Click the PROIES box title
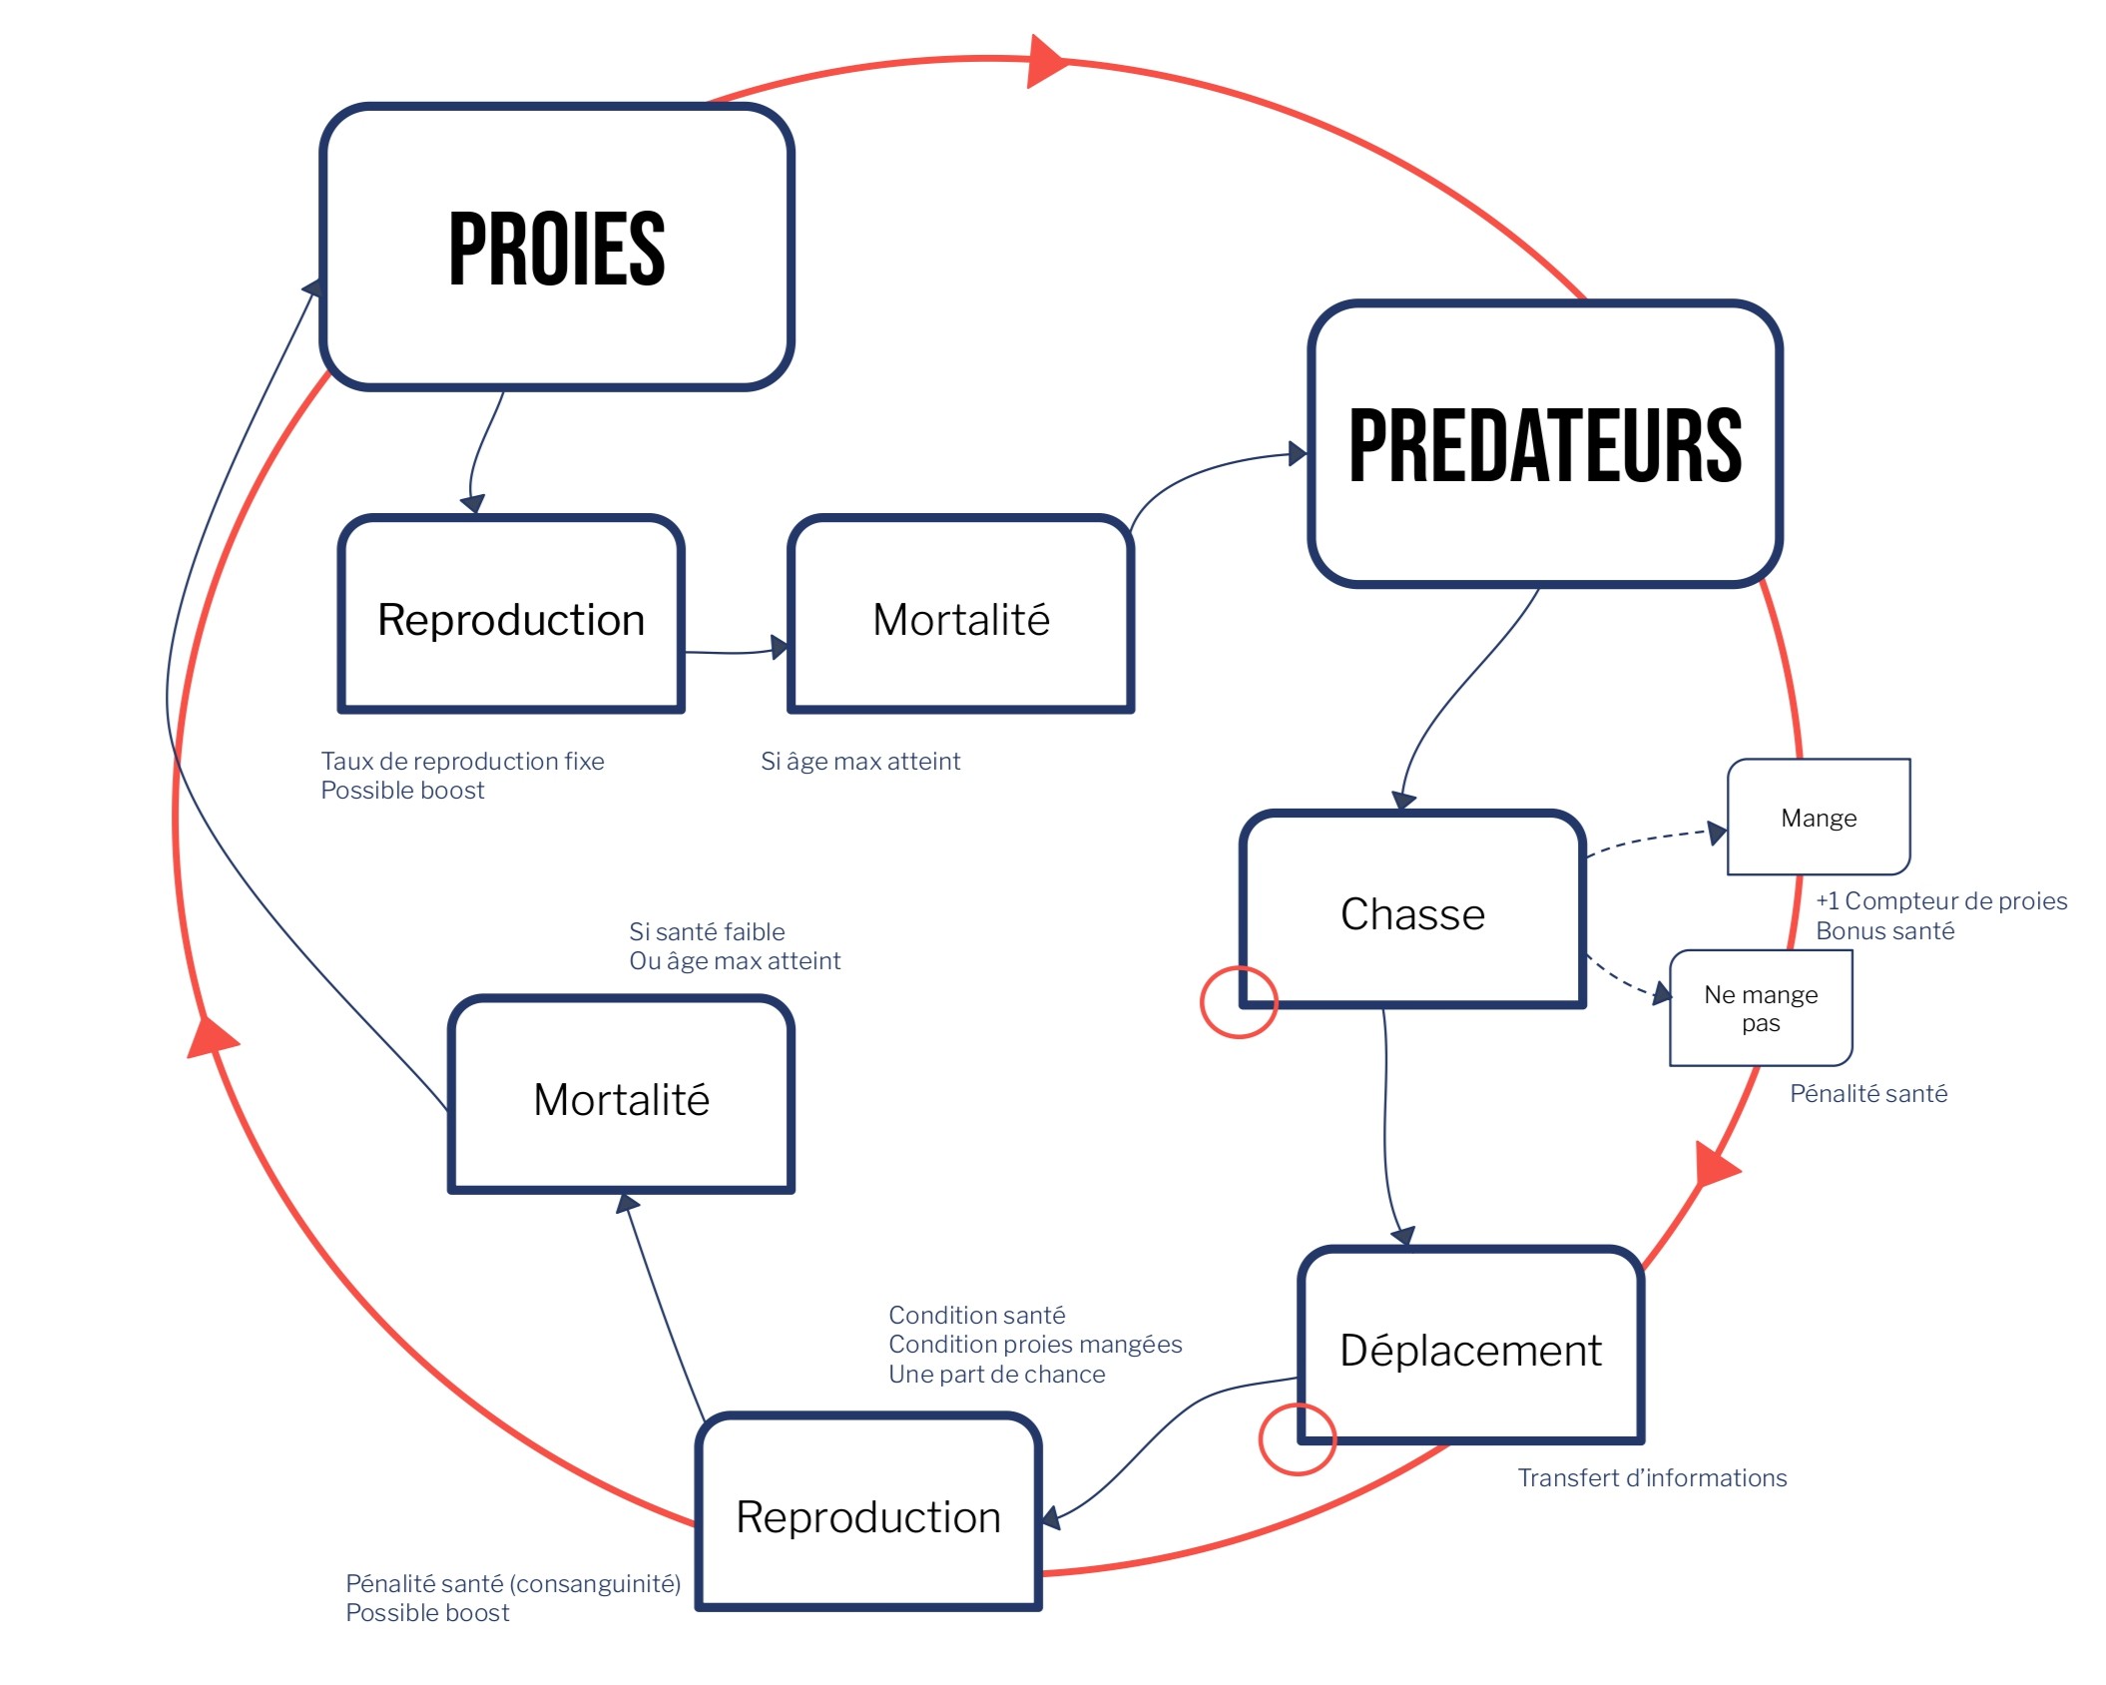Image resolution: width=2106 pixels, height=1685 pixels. click(556, 250)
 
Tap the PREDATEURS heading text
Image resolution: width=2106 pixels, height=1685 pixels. click(1544, 446)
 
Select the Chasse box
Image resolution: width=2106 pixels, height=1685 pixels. click(1412, 913)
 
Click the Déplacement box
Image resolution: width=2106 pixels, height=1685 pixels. click(1470, 1350)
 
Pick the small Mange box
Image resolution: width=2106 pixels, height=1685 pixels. click(1819, 818)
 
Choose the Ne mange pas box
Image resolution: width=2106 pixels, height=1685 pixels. click(1761, 1008)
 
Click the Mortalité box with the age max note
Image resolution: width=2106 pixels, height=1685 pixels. click(960, 619)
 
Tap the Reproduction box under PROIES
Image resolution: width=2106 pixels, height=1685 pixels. click(511, 619)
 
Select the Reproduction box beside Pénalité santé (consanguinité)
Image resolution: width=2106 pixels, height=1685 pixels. click(868, 1516)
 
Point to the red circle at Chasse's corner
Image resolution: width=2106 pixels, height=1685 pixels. click(1239, 1002)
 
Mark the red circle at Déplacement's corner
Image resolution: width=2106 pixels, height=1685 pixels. click(1298, 1438)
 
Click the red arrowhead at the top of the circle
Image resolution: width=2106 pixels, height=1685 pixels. click(1046, 62)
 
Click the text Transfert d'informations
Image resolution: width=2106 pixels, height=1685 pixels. click(1652, 1477)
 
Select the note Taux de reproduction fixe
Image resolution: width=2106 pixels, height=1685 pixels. click(462, 761)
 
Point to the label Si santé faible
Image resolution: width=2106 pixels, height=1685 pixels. click(707, 931)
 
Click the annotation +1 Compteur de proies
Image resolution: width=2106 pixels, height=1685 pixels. click(1941, 900)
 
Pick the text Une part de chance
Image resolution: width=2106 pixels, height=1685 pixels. click(997, 1374)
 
